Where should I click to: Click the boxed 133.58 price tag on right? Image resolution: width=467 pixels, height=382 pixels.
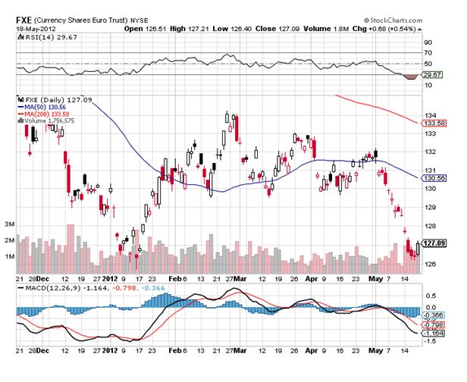(432, 122)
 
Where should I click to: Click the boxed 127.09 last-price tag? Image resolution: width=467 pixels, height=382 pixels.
(432, 243)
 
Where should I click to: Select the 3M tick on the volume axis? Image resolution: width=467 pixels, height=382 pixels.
(10, 224)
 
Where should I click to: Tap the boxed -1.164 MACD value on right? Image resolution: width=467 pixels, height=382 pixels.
(433, 332)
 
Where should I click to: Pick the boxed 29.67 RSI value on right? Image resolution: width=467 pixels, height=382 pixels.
(432, 75)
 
